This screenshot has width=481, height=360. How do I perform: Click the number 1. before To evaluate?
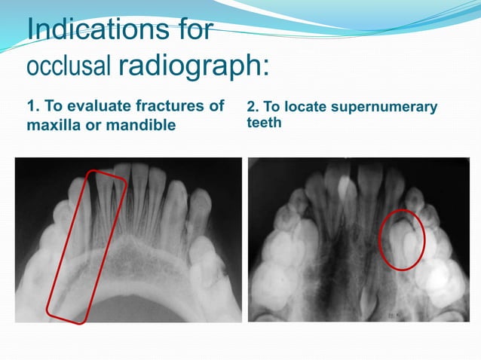pyautogui.click(x=33, y=106)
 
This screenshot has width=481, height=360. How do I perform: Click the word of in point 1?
pyautogui.click(x=216, y=106)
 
